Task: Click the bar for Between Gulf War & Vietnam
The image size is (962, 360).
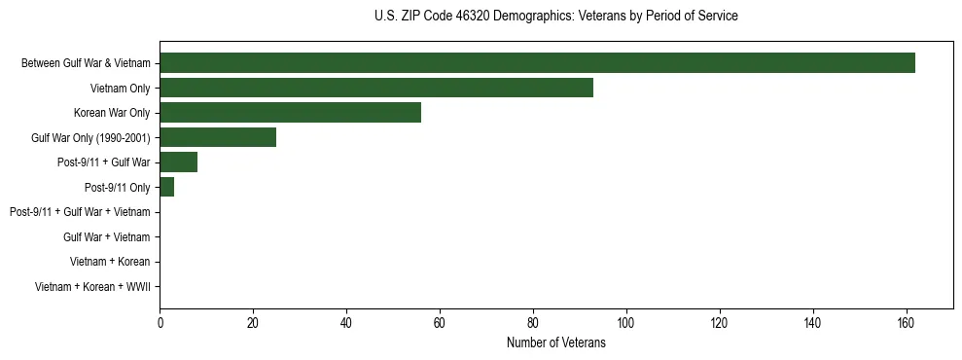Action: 537,63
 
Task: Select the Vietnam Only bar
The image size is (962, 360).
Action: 375,88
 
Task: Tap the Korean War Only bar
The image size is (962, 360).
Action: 290,113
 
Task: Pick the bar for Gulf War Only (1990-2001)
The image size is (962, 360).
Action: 218,137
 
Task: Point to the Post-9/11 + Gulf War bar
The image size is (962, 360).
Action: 178,162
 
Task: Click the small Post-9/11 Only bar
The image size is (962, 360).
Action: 166,187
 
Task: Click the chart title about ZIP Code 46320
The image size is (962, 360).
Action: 555,17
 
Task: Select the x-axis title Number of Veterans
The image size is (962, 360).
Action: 555,342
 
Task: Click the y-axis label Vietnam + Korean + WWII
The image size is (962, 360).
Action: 92,286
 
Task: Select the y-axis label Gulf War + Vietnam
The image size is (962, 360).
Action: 107,236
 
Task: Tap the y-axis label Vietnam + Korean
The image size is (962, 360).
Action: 110,262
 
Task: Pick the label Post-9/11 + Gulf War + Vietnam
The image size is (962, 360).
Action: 80,212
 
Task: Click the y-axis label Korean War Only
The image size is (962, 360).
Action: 112,113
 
